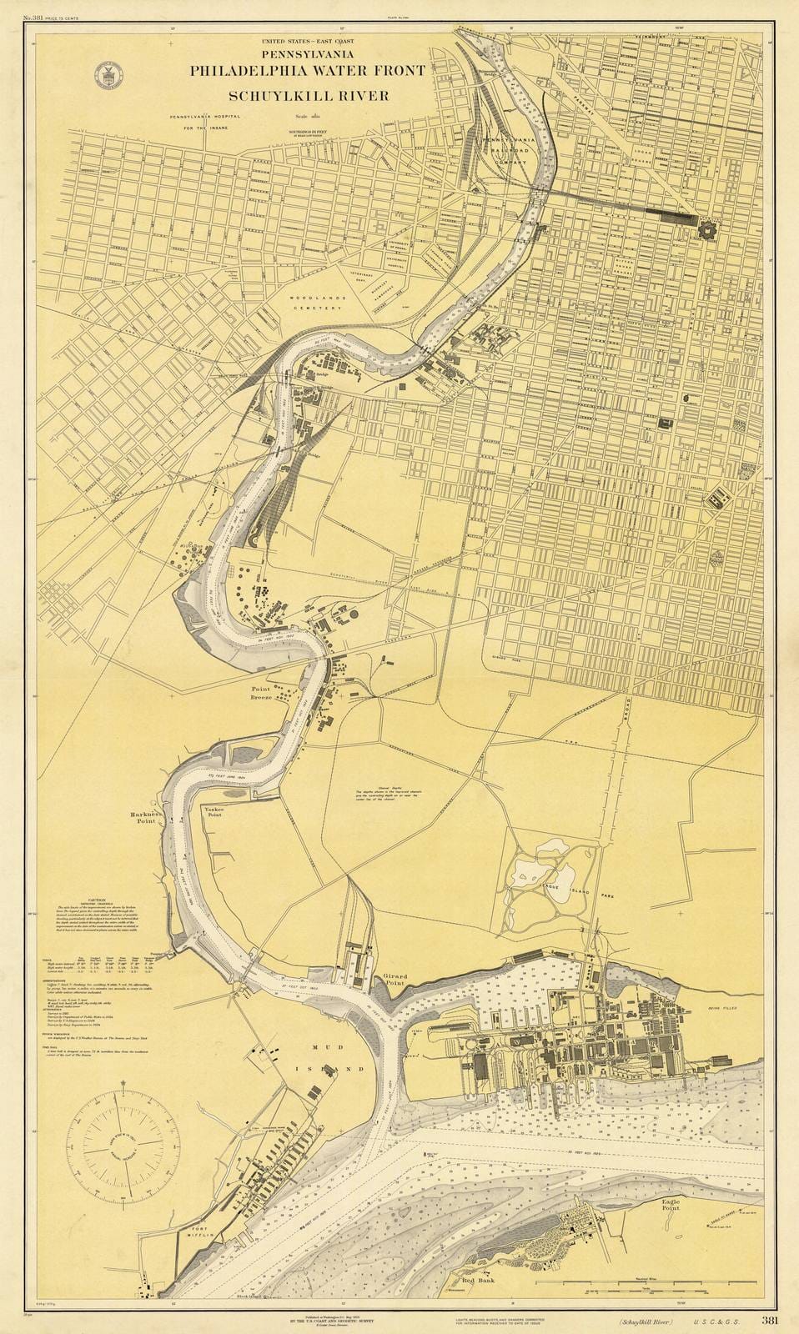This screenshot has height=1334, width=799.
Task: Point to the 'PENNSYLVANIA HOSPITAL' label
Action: [x=206, y=117]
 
